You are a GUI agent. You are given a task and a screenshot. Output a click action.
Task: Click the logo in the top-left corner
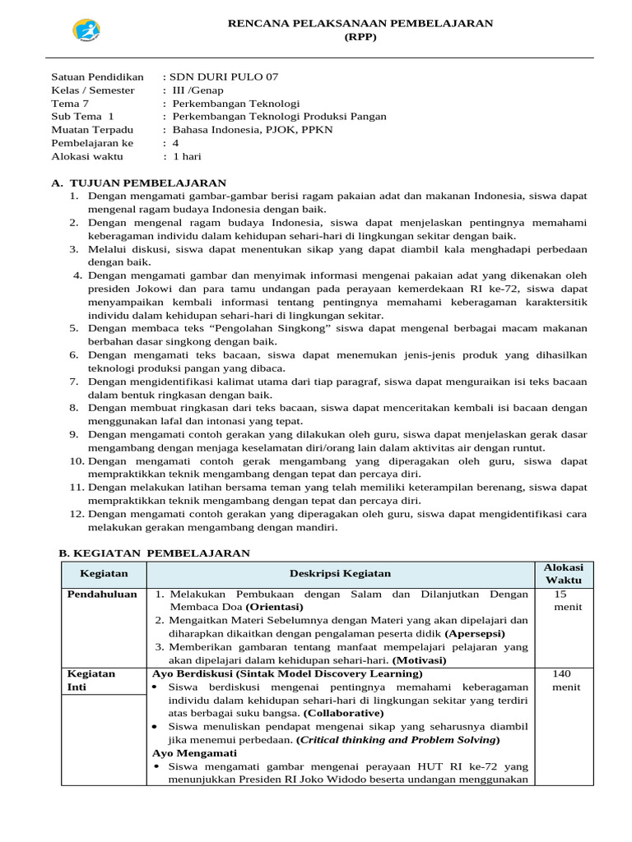pyautogui.click(x=86, y=30)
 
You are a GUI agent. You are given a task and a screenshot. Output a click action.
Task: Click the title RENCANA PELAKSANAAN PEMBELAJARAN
pyautogui.click(x=360, y=24)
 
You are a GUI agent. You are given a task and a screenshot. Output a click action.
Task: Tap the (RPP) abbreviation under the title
pyautogui.click(x=360, y=38)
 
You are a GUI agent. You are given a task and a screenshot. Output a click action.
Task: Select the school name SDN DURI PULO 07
pyautogui.click(x=224, y=76)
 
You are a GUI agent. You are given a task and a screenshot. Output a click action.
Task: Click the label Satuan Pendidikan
pyautogui.click(x=97, y=76)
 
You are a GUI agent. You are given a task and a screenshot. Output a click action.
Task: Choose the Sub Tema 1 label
pyautogui.click(x=82, y=116)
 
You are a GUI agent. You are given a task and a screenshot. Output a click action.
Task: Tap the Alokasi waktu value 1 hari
pyautogui.click(x=186, y=155)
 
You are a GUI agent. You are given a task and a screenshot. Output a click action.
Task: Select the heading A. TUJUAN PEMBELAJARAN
pyautogui.click(x=138, y=183)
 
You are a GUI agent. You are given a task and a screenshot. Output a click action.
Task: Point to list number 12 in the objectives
pyautogui.click(x=76, y=514)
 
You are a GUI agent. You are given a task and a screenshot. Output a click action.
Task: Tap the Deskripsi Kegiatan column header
pyautogui.click(x=340, y=573)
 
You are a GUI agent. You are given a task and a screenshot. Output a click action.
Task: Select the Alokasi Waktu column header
pyautogui.click(x=563, y=574)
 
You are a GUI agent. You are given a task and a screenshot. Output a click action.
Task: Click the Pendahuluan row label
pyautogui.click(x=103, y=594)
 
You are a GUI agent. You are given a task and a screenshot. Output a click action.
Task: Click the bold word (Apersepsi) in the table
pyautogui.click(x=476, y=633)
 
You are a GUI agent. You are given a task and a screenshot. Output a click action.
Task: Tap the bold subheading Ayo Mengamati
pyautogui.click(x=194, y=752)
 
